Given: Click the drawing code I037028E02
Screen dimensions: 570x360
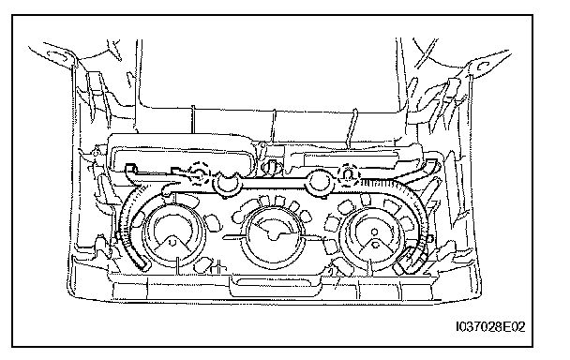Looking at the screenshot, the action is click(490, 327).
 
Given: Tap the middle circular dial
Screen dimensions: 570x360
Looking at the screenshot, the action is click(275, 236).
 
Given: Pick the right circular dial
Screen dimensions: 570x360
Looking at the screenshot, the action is click(374, 236).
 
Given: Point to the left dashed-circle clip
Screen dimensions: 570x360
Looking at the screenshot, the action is click(200, 173).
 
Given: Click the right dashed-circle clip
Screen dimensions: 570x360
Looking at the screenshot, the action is click(348, 175).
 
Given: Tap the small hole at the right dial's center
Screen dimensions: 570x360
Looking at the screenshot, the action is click(374, 232).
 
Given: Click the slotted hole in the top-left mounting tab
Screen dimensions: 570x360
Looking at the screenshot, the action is click(58, 55).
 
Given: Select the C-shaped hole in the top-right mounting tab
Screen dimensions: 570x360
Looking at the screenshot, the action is click(483, 67).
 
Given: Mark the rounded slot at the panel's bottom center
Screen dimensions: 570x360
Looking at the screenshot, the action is click(276, 282).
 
